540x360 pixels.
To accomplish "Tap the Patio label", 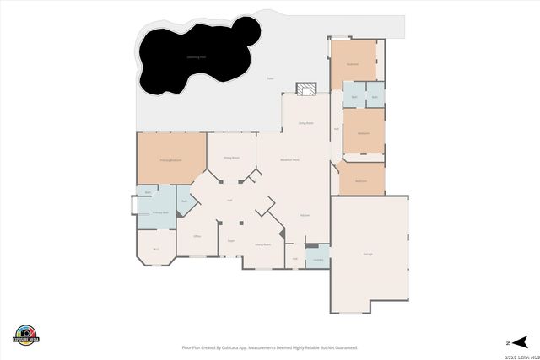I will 270,78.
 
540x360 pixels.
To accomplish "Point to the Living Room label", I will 305,123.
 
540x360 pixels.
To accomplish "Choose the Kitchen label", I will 305,215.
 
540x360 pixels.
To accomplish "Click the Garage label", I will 368,254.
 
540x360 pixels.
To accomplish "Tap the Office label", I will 196,237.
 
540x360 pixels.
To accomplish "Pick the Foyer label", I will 230,240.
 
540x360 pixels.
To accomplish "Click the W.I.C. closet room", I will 156,248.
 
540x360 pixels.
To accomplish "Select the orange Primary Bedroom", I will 171,159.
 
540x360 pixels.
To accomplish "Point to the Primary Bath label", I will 160,212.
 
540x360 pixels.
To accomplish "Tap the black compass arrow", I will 520,341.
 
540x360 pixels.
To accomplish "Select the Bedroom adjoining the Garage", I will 361,180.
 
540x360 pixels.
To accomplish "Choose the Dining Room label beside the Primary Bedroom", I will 230,158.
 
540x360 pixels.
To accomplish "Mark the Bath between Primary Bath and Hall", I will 185,201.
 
